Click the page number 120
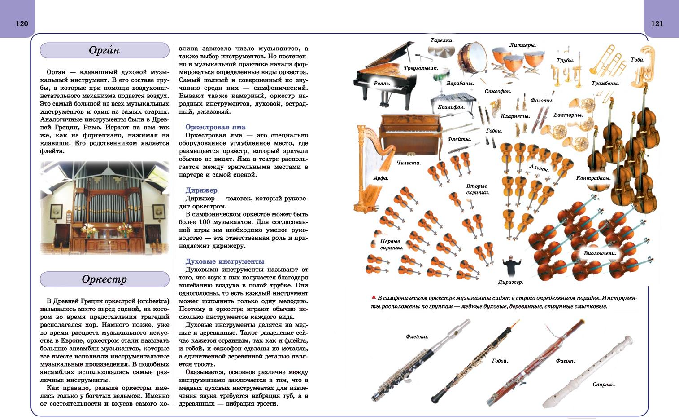[22, 23]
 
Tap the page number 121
[657, 23]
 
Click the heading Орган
[104, 50]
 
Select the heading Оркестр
[104, 279]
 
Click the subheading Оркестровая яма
[215, 127]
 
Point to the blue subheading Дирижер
[201, 190]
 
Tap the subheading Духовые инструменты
[225, 261]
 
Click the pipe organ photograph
[104, 208]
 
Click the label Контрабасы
[593, 178]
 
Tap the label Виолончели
[600, 253]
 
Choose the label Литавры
[522, 45]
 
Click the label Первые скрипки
[391, 244]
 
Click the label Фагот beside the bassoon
[565, 361]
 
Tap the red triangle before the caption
[373, 297]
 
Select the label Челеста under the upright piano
[409, 163]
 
